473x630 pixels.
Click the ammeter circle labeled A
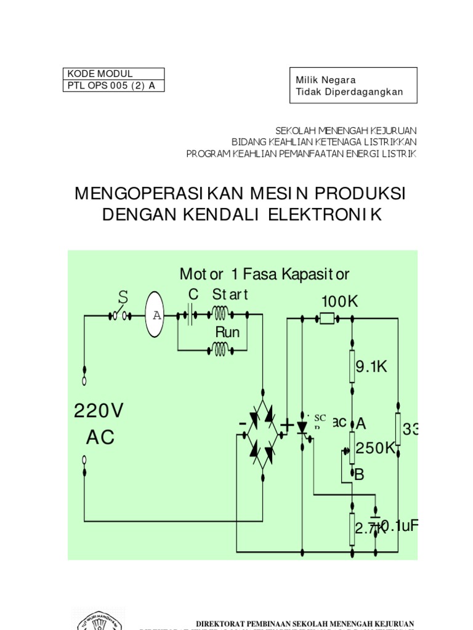(156, 315)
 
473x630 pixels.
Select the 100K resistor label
(339, 301)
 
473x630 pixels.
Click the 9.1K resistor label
(371, 367)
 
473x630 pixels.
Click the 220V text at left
(99, 410)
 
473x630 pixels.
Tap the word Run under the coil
(227, 332)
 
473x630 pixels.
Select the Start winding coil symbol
(220, 315)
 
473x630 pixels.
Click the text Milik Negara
(326, 80)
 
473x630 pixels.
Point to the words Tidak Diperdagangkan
(349, 92)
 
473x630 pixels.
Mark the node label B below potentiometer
(359, 474)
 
